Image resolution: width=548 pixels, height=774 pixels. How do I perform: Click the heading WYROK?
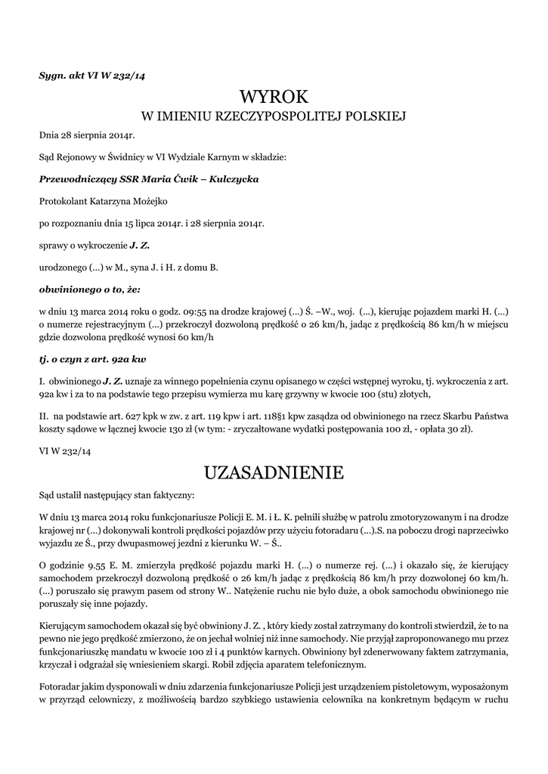pyautogui.click(x=274, y=96)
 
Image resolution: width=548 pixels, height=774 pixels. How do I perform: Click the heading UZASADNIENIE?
pyautogui.click(x=274, y=473)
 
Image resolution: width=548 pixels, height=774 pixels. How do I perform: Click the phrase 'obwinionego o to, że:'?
pyautogui.click(x=90, y=289)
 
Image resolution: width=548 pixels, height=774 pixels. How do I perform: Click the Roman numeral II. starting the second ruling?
pyautogui.click(x=43, y=416)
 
